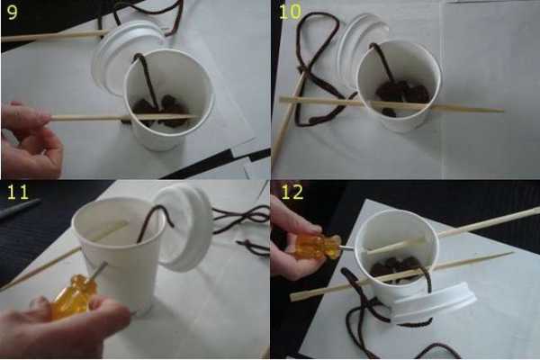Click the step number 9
(x=12, y=12)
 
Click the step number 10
(x=291, y=12)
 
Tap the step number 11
(x=18, y=192)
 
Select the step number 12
(x=292, y=192)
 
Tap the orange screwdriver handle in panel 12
(x=316, y=246)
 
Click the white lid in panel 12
(x=434, y=302)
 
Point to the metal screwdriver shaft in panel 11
(x=97, y=269)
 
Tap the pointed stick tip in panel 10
(x=503, y=111)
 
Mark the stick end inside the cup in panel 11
(x=124, y=224)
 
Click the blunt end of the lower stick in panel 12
(x=292, y=297)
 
